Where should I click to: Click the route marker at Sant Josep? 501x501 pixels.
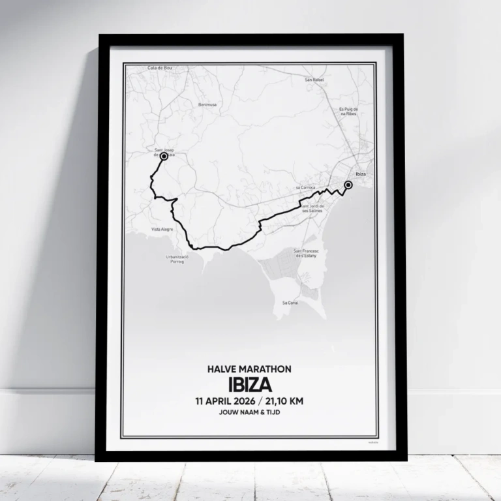[x=164, y=157]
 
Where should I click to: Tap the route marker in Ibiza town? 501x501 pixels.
[x=348, y=185]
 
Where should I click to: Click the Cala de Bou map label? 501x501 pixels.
[x=159, y=68]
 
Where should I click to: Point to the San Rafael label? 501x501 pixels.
[x=314, y=80]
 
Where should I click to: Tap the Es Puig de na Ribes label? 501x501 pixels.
[x=350, y=112]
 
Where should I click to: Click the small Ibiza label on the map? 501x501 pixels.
[x=360, y=175]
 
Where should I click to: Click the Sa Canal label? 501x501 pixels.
[x=290, y=303]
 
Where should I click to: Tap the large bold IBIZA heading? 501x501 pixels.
[x=250, y=384]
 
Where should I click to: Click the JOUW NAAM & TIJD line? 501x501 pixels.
[x=250, y=414]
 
